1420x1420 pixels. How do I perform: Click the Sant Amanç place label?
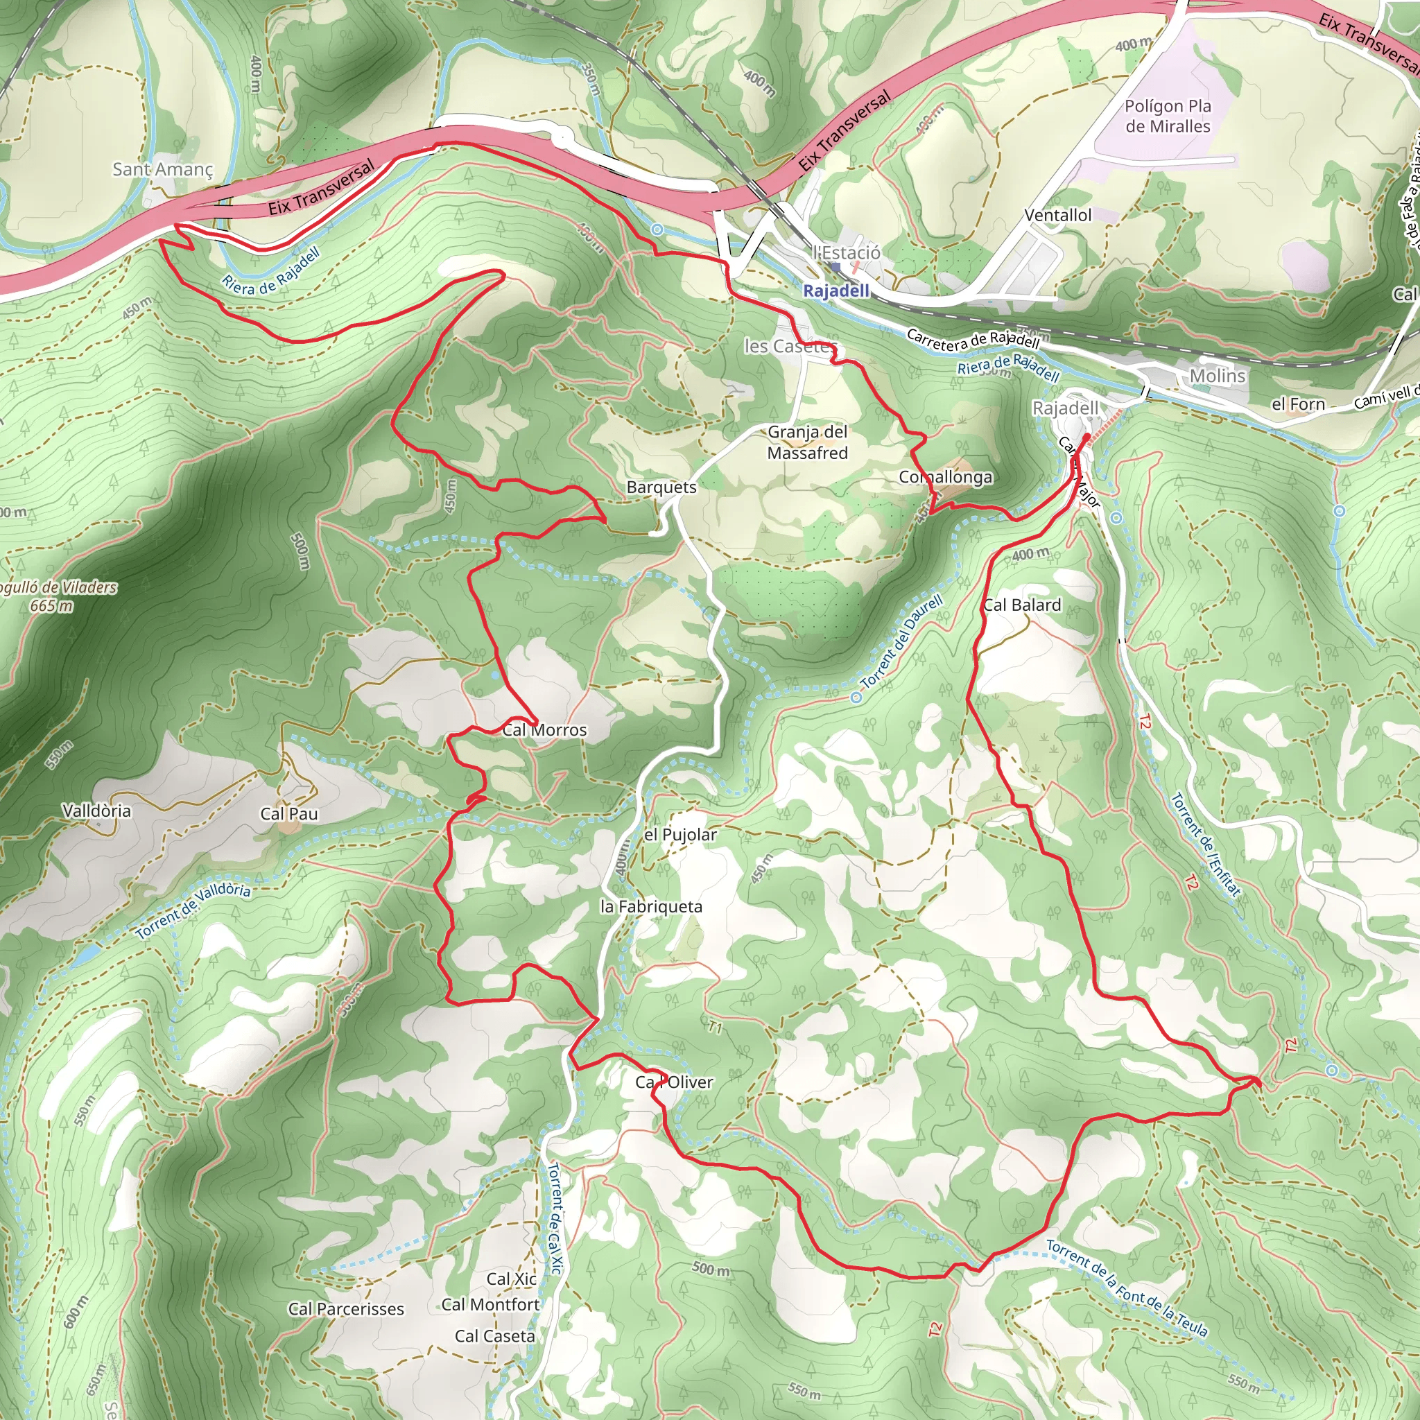[x=162, y=169]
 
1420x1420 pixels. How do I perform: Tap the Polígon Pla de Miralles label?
[x=1167, y=116]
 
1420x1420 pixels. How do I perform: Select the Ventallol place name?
[x=1057, y=216]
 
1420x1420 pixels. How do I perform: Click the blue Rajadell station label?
[x=835, y=291]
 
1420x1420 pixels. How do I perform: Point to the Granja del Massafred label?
[x=807, y=442]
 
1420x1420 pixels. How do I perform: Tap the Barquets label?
[x=661, y=487]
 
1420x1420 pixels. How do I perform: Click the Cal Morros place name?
[x=544, y=730]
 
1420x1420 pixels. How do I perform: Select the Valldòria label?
[x=96, y=811]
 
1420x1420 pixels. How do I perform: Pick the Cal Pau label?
[x=289, y=813]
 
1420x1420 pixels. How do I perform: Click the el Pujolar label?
[x=680, y=834]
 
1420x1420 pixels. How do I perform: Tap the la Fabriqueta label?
[x=651, y=906]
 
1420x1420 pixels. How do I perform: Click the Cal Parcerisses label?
[x=345, y=1309]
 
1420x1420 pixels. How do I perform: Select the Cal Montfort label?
[x=490, y=1305]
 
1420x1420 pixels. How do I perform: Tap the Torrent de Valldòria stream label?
[x=193, y=911]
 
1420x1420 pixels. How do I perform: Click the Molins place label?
[x=1217, y=376]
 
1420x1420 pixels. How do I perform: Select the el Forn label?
[x=1298, y=404]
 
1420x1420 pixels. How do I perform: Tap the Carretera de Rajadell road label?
[x=972, y=339]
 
